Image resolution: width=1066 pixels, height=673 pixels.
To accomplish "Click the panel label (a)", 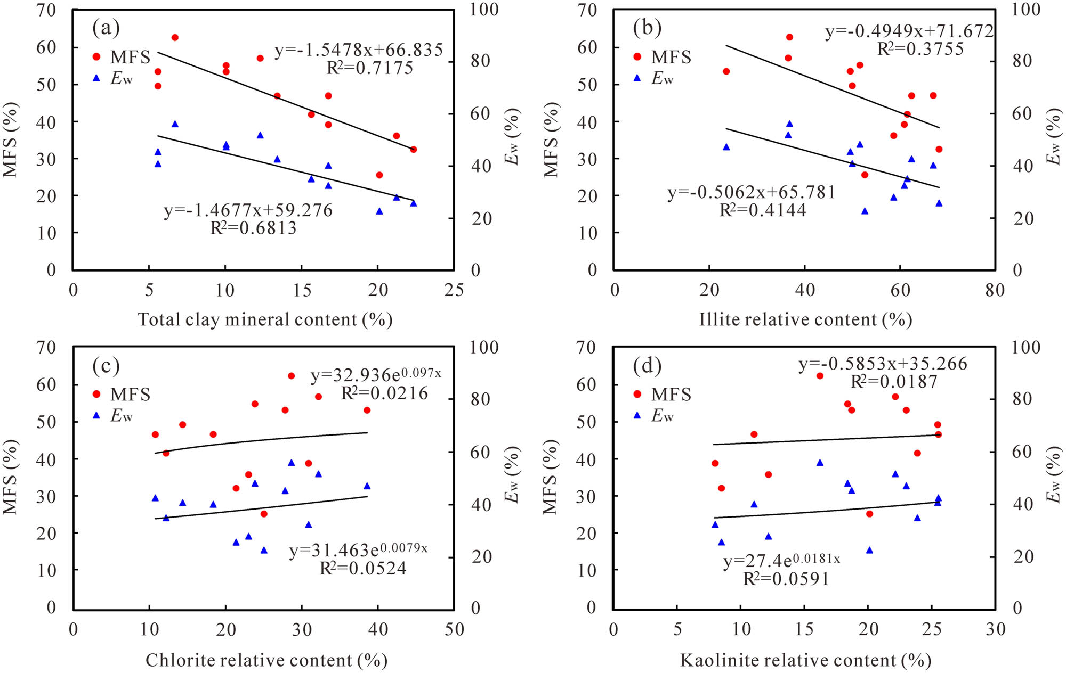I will point(106,27).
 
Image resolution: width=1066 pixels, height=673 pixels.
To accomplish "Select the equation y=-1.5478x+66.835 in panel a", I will point(358,50).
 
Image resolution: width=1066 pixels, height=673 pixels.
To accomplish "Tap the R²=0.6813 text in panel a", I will point(253,228).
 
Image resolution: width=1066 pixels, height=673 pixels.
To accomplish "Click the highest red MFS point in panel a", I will point(175,37).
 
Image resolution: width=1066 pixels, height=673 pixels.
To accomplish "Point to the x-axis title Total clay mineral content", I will point(265,319).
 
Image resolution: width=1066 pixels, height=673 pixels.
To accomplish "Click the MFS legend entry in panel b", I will point(663,56).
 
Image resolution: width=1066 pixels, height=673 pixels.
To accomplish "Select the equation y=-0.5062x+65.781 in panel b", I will point(752,192).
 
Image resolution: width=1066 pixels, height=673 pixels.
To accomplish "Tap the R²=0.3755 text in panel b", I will point(920,49).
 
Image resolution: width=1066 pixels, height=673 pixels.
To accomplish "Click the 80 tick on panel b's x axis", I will point(995,290).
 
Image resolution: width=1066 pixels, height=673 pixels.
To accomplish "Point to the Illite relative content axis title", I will point(805,319).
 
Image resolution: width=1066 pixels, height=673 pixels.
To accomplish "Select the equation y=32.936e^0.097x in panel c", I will point(376,375).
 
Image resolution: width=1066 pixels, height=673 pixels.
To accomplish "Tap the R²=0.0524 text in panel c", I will point(363,568).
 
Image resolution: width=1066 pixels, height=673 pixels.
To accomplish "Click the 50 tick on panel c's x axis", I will point(454,629).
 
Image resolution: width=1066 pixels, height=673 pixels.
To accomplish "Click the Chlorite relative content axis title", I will point(266,660).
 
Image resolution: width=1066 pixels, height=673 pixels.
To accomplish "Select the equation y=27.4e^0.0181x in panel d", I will point(781,561).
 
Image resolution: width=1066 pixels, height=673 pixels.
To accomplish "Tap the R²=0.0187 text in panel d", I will point(894,382).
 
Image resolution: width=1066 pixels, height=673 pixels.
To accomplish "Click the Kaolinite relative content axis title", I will point(805,660).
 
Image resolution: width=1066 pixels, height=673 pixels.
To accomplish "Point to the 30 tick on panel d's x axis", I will point(995,629).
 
